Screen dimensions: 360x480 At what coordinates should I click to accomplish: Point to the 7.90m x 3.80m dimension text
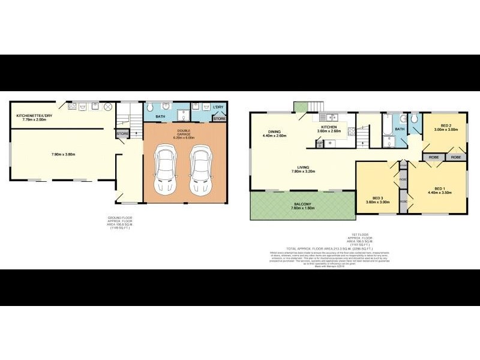[x=64, y=155]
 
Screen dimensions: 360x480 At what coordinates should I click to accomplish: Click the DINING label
[x=275, y=133]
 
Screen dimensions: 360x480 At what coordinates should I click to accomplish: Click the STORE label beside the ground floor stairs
[x=122, y=133]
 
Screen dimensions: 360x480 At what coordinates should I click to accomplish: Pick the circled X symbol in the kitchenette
[x=108, y=107]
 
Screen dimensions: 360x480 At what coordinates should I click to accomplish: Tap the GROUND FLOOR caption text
[x=116, y=221]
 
